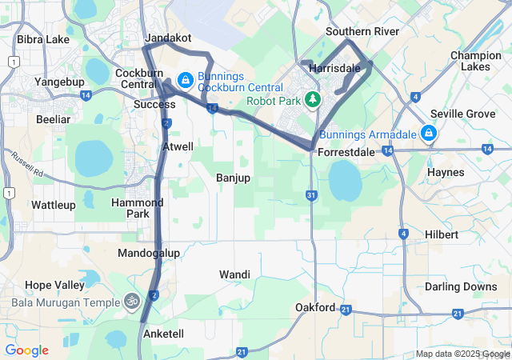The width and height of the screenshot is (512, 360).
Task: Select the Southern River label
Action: click(x=362, y=31)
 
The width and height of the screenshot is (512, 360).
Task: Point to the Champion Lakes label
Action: click(x=475, y=61)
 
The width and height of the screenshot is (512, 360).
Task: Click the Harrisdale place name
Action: click(x=334, y=68)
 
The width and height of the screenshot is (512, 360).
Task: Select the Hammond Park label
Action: click(x=130, y=208)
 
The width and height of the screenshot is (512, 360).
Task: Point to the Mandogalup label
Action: click(x=149, y=253)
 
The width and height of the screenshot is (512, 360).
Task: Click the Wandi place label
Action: click(x=234, y=274)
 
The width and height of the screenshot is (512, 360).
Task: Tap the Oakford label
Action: click(x=314, y=307)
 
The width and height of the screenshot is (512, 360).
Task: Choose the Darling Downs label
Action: click(x=460, y=286)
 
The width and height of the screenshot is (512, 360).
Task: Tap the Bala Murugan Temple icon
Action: click(x=132, y=301)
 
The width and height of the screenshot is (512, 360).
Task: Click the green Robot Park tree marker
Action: click(x=314, y=98)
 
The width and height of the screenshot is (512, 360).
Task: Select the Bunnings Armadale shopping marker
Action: click(x=429, y=133)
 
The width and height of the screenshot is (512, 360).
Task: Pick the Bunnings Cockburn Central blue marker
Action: click(x=184, y=79)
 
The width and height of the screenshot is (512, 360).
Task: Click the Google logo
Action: click(x=26, y=350)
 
